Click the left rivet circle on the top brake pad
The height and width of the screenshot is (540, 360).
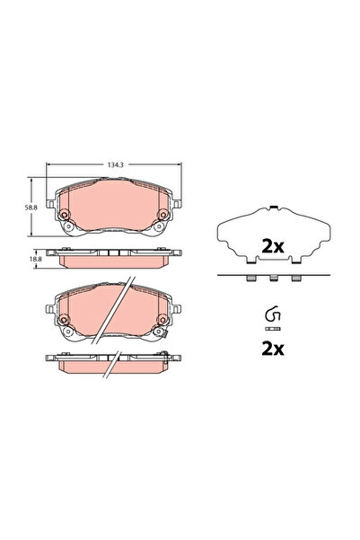65,214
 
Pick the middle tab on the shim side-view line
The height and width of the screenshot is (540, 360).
270,279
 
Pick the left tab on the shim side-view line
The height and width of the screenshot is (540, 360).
248,279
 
